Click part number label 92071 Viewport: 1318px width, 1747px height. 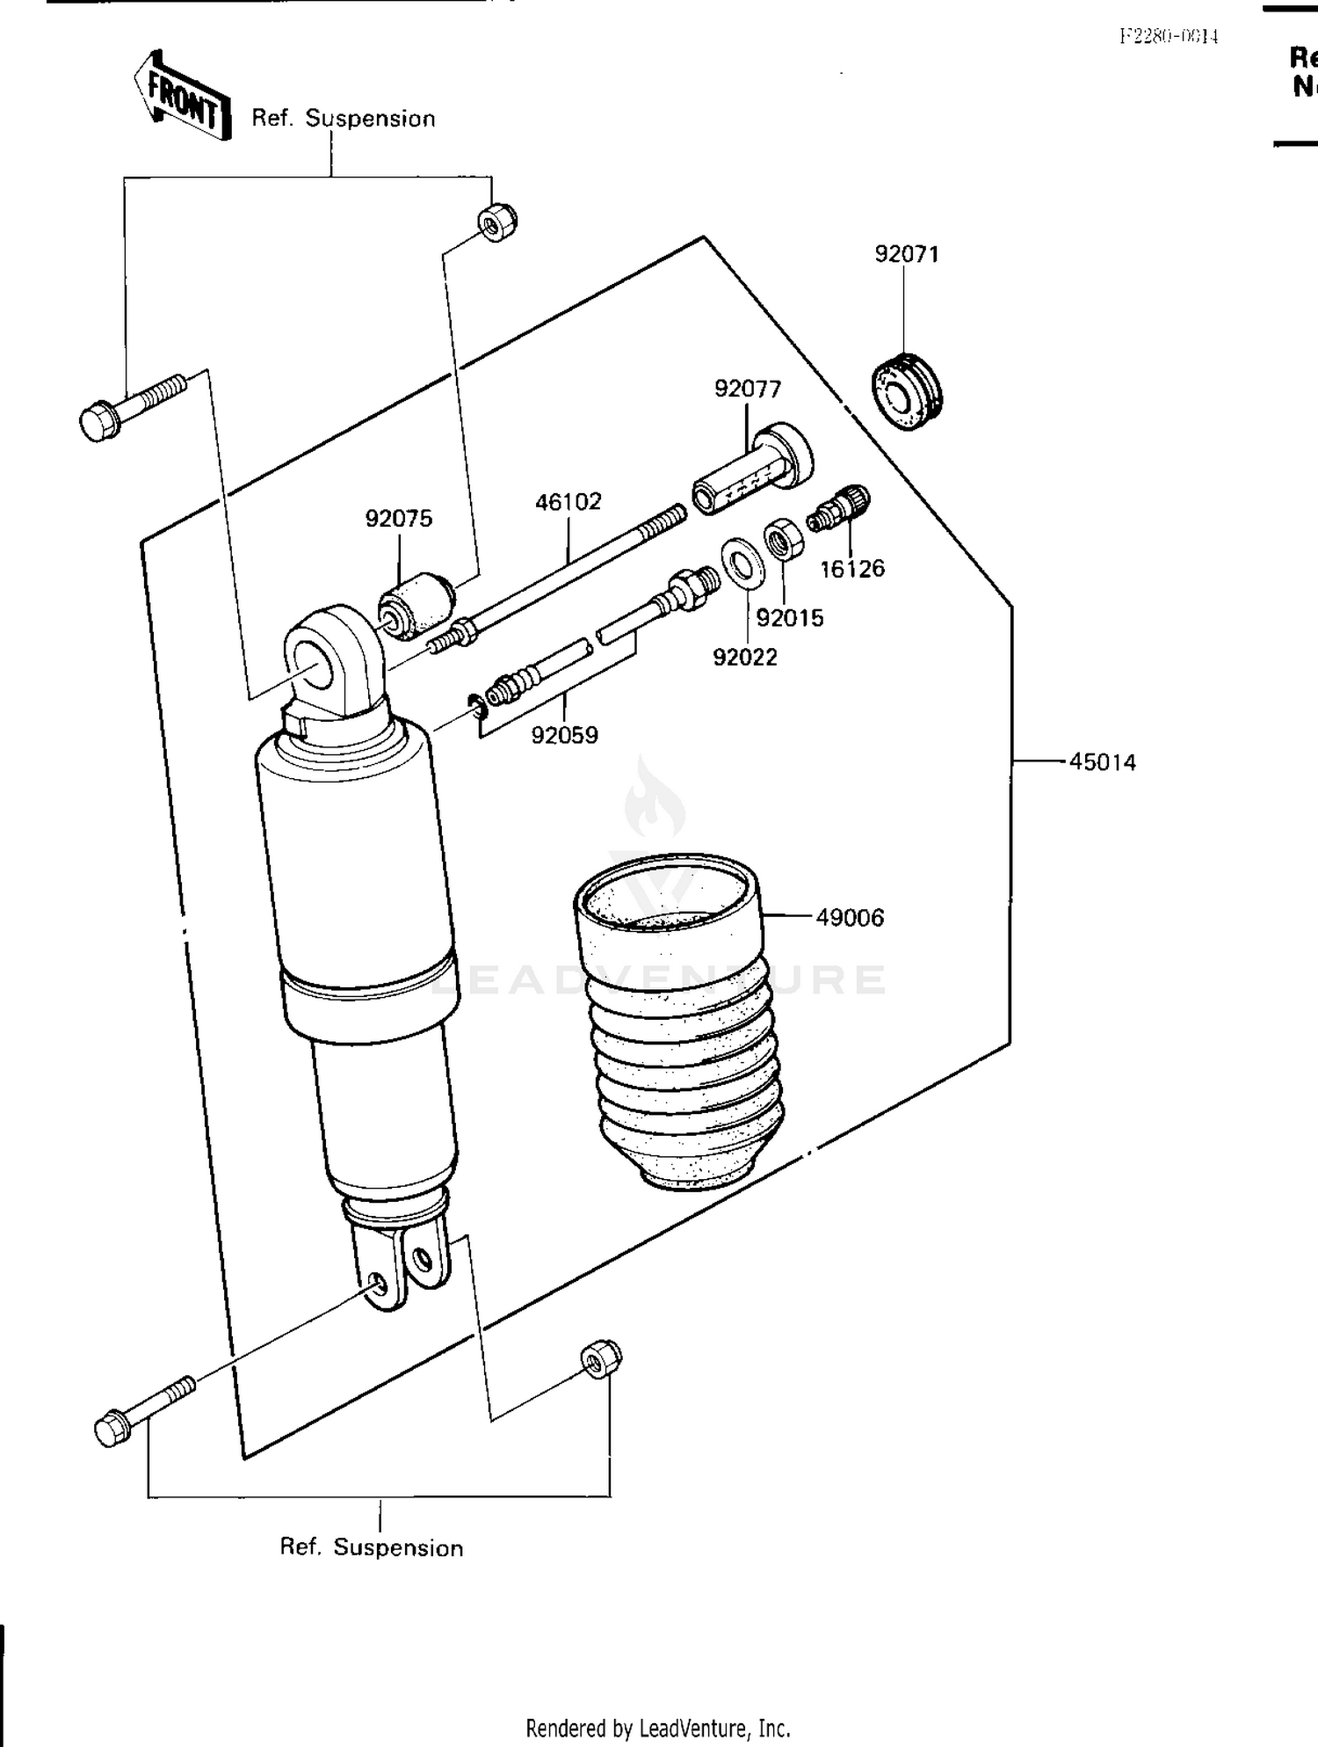pyautogui.click(x=907, y=254)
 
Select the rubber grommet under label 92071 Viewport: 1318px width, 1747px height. pyautogui.click(x=906, y=390)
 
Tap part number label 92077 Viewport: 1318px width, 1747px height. pyautogui.click(x=747, y=389)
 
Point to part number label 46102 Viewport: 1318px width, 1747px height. pyautogui.click(x=568, y=502)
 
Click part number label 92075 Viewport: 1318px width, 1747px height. pyautogui.click(x=399, y=519)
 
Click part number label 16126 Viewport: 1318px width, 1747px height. pyautogui.click(x=851, y=569)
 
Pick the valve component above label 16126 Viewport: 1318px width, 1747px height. pyautogui.click(x=840, y=508)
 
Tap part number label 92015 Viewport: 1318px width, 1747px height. pyautogui.click(x=790, y=618)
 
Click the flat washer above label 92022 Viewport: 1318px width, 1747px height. pyautogui.click(x=742, y=561)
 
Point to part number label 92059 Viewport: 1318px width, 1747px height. pyautogui.click(x=564, y=735)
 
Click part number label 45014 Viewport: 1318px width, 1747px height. pyautogui.click(x=1102, y=762)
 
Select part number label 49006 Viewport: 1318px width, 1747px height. pyautogui.click(x=849, y=918)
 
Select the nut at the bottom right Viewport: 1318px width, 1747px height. pyautogui.click(x=601, y=1359)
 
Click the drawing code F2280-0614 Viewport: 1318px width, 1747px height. pyautogui.click(x=1168, y=36)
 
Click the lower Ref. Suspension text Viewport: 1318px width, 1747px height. pyautogui.click(x=371, y=1547)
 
